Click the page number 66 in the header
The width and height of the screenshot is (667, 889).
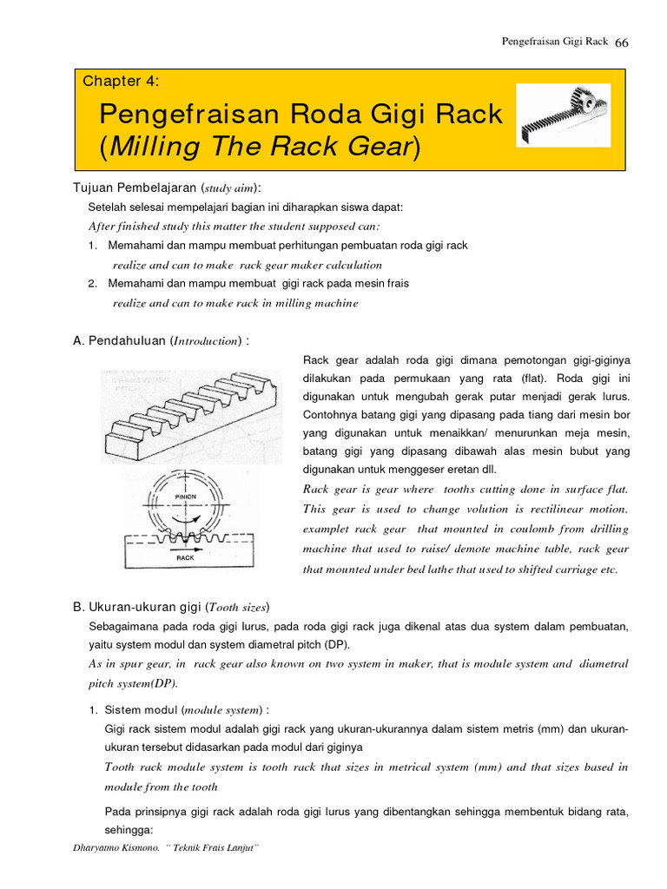(621, 43)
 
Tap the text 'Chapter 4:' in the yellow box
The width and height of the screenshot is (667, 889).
(121, 82)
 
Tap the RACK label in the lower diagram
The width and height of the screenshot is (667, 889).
(185, 558)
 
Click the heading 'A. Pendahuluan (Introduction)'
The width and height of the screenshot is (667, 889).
(161, 340)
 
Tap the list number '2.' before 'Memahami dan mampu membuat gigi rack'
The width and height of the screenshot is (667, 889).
(93, 283)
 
